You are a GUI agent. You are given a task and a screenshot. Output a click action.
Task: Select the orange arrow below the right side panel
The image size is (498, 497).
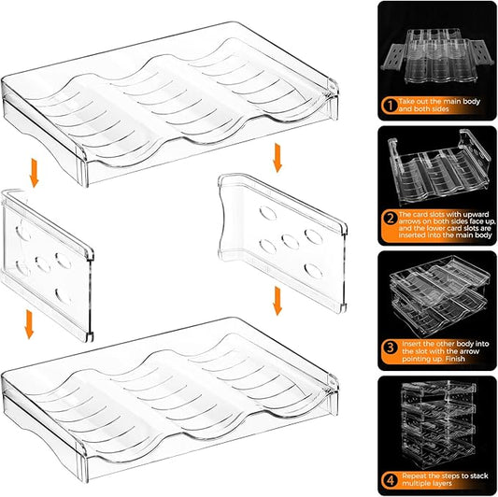tap(277, 301)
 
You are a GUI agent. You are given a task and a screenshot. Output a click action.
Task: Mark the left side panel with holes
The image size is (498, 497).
tap(52, 262)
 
